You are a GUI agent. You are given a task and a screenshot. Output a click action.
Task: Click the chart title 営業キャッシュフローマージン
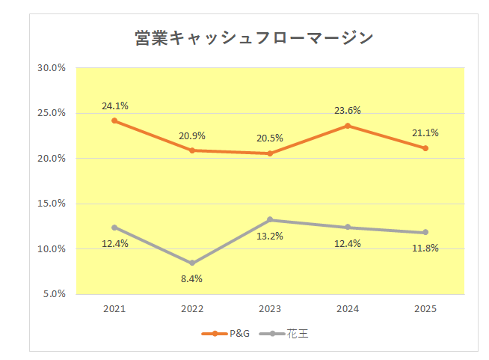pyautogui.click(x=253, y=37)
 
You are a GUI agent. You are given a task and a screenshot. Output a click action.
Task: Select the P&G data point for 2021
pyautogui.click(x=114, y=120)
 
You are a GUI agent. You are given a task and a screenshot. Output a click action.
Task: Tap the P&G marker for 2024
pyautogui.click(x=348, y=126)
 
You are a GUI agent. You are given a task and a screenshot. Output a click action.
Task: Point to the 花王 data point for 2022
pyautogui.click(x=192, y=263)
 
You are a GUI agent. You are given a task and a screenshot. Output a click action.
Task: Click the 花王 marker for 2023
pyautogui.click(x=270, y=219)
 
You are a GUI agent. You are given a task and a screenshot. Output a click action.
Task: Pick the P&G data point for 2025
pyautogui.click(x=425, y=148)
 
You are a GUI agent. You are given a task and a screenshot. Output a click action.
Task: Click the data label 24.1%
pyautogui.click(x=114, y=106)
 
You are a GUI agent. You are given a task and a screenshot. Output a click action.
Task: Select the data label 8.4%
pyautogui.click(x=192, y=278)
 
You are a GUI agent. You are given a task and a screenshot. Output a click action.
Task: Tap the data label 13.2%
pyautogui.click(x=270, y=237)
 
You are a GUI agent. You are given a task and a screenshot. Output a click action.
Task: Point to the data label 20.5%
pyautogui.click(x=270, y=139)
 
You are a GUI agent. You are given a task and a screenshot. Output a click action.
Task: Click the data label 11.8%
pyautogui.click(x=425, y=248)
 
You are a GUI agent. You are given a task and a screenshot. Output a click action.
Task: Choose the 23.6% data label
pyautogui.click(x=348, y=111)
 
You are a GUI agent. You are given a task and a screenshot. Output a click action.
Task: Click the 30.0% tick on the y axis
pyautogui.click(x=51, y=68)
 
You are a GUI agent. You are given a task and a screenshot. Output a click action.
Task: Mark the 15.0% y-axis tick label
pyautogui.click(x=51, y=204)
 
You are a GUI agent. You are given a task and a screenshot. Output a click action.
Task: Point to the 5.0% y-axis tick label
pyautogui.click(x=53, y=294)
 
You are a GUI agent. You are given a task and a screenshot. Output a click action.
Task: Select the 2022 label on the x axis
pyautogui.click(x=192, y=308)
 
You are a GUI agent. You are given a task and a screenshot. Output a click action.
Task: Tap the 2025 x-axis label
pyautogui.click(x=425, y=308)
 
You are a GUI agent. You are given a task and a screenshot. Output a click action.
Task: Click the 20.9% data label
pyautogui.click(x=192, y=136)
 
